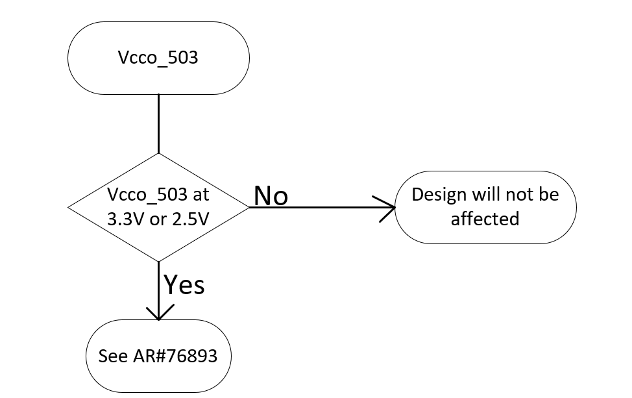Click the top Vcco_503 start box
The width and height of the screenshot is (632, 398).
click(x=158, y=58)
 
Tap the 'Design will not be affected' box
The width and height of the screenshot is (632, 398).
click(x=485, y=207)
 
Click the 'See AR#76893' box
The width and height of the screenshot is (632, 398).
click(x=158, y=356)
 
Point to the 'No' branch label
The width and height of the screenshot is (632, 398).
click(x=271, y=195)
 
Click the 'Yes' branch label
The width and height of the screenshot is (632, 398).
click(x=184, y=284)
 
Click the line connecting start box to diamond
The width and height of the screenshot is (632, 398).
click(x=158, y=123)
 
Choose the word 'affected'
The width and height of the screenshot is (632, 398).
click(x=485, y=219)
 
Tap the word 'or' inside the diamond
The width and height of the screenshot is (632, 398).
click(x=157, y=219)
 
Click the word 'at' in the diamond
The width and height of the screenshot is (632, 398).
click(x=201, y=195)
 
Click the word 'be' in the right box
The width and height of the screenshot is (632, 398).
click(x=548, y=195)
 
